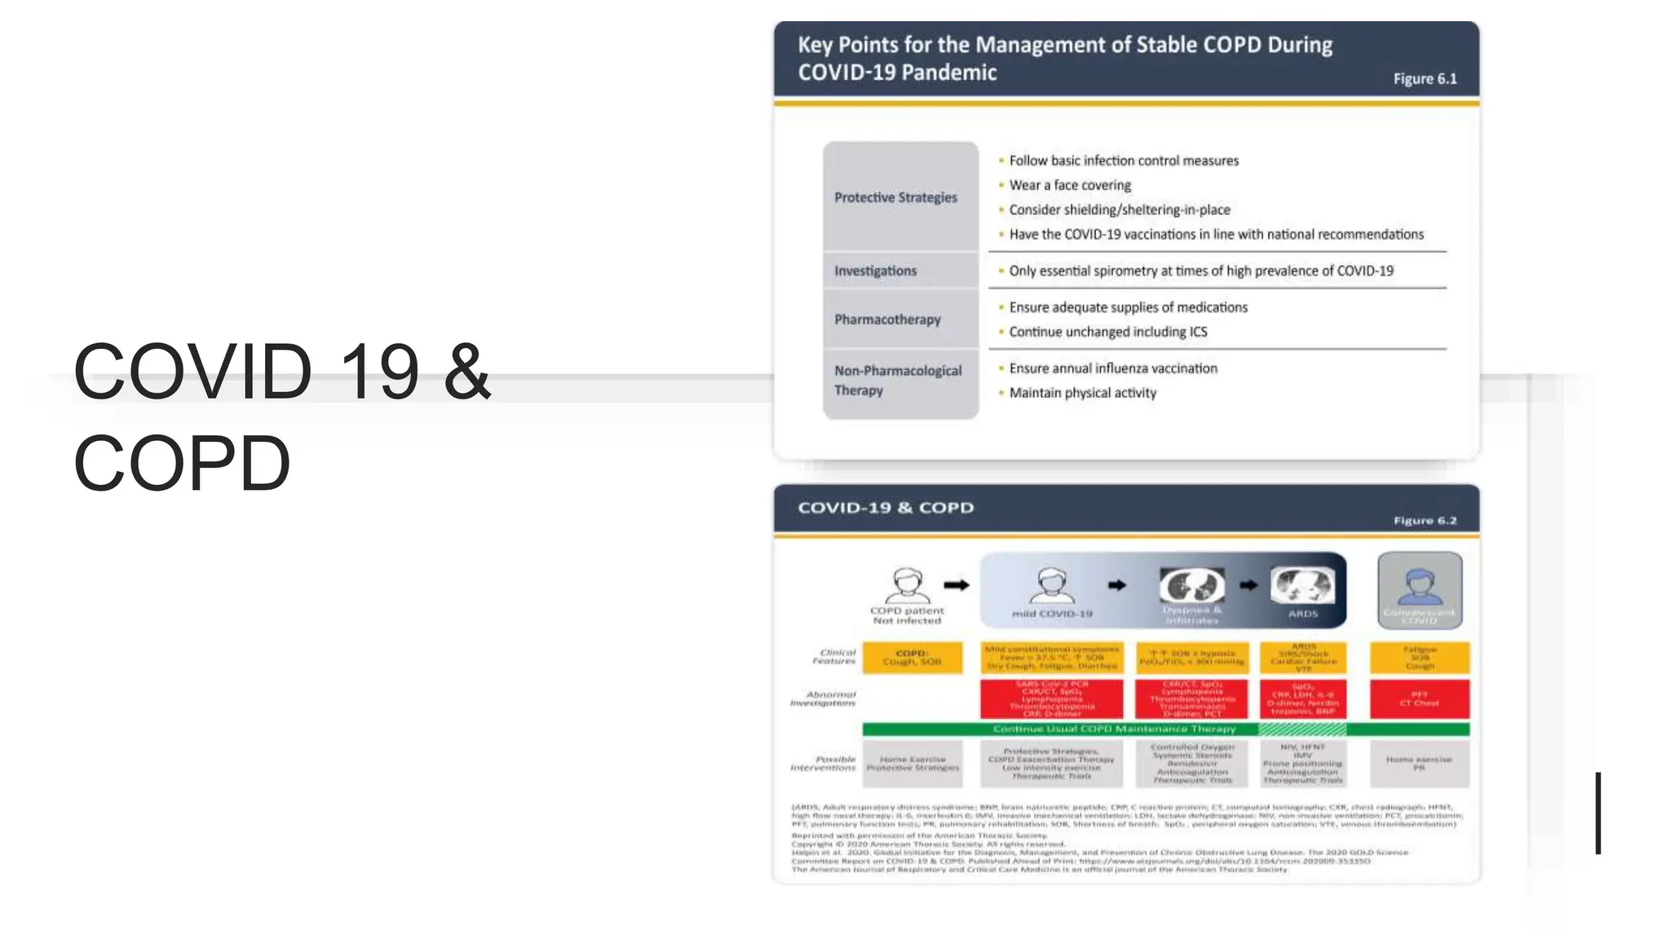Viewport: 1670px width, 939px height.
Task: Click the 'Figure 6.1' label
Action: click(x=1424, y=79)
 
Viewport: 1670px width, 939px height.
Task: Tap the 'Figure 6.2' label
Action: click(x=1425, y=521)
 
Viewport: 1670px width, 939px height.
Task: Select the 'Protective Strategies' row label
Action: click(x=895, y=197)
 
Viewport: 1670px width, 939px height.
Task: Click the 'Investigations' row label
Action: click(x=875, y=271)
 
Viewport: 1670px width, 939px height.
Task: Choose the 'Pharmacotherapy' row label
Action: click(x=887, y=320)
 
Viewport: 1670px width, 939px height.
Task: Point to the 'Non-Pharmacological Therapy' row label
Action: click(x=898, y=381)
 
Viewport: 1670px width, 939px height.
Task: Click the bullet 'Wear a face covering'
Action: click(x=1070, y=185)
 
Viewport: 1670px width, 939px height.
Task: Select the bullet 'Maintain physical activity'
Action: click(x=1082, y=393)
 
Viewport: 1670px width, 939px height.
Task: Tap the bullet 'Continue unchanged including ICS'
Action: click(x=1107, y=332)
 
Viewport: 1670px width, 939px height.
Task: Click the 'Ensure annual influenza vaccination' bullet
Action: click(x=1112, y=368)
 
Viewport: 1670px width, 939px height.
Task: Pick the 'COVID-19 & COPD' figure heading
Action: click(x=886, y=508)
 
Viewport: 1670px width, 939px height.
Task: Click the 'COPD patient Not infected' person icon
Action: click(x=907, y=584)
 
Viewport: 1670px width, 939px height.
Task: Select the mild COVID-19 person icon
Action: click(x=1051, y=584)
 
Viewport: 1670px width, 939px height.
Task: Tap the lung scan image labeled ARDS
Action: click(x=1302, y=584)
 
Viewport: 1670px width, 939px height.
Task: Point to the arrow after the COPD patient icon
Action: click(x=956, y=584)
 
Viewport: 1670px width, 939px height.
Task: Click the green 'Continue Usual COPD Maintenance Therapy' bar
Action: click(x=1114, y=729)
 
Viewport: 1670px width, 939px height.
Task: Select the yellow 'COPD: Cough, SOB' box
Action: click(x=912, y=658)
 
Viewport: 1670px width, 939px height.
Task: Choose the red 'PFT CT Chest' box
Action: click(x=1419, y=699)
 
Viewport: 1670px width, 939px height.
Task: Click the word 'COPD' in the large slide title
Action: click(x=182, y=463)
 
